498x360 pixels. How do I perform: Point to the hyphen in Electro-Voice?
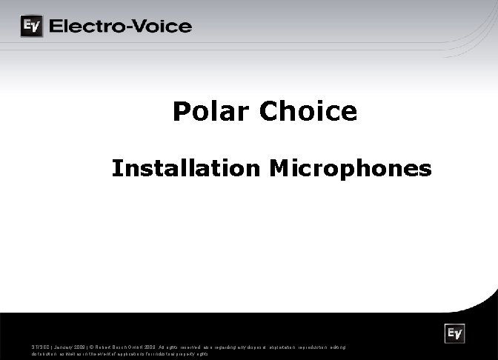click(125, 27)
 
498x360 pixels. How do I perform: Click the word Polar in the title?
click(210, 112)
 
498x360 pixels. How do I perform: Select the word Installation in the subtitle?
click(186, 168)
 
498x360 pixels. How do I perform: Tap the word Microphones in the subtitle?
click(351, 168)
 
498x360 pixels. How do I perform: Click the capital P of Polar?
click(180, 112)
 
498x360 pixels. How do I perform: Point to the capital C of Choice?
click(269, 112)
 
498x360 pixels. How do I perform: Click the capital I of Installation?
click(116, 168)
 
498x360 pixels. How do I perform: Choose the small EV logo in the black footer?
click(454, 334)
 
